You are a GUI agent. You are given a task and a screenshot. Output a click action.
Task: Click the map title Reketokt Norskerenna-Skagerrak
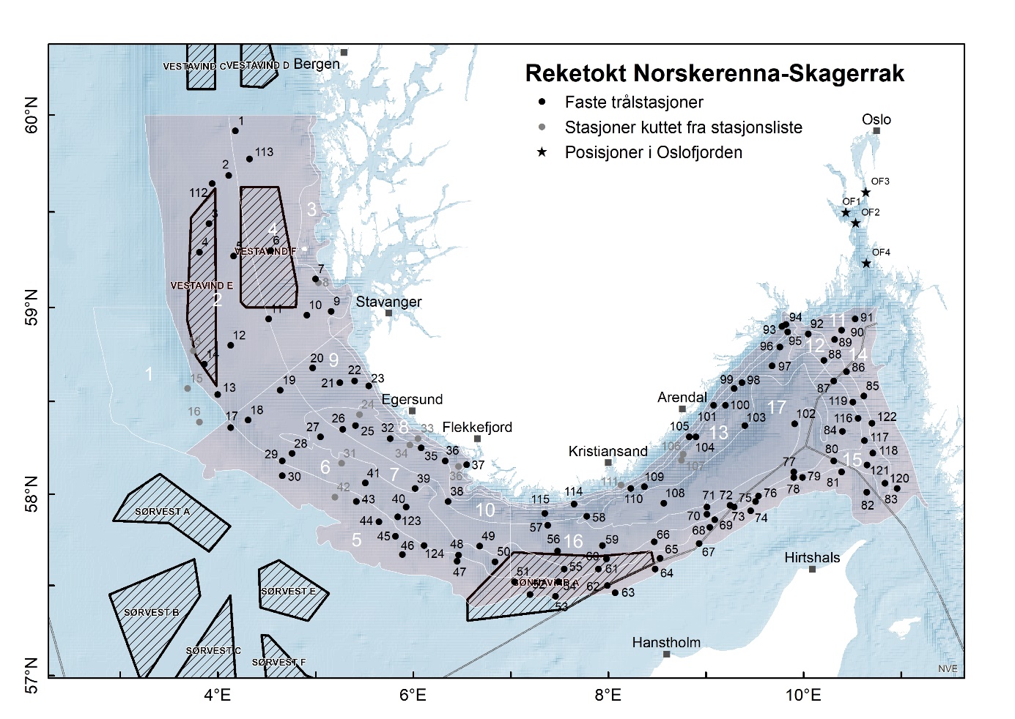715,73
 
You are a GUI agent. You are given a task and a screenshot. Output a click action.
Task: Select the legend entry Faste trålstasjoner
633,103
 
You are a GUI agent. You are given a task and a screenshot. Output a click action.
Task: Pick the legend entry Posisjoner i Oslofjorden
653,152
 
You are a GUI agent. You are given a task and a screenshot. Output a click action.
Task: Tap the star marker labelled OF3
865,193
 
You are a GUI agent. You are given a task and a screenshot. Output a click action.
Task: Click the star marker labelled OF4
866,264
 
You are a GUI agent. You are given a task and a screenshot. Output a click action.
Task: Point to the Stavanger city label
388,302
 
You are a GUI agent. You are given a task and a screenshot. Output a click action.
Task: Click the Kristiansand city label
608,451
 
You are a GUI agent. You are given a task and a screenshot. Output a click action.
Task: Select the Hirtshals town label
812,557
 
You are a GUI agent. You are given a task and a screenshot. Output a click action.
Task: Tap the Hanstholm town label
666,642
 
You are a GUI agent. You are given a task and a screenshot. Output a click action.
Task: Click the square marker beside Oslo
876,131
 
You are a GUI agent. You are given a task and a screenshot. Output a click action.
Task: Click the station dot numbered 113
249,159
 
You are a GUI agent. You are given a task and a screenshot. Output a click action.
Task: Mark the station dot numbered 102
794,423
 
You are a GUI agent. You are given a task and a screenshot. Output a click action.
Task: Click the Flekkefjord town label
477,427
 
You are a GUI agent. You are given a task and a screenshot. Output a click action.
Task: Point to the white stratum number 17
776,407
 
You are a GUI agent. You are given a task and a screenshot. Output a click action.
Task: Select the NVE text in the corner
947,668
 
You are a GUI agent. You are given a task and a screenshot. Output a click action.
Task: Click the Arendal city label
682,398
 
